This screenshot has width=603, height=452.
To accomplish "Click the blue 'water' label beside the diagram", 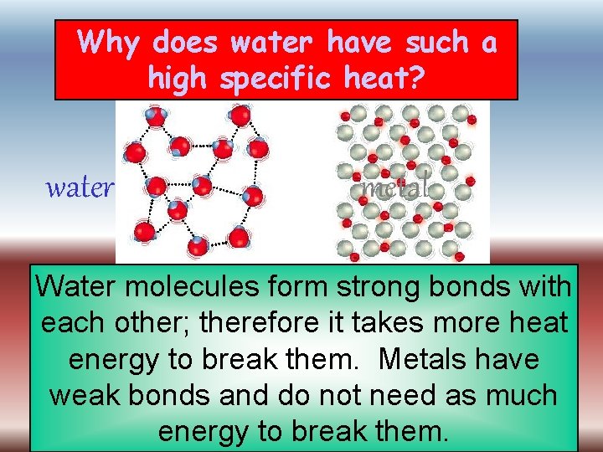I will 80,188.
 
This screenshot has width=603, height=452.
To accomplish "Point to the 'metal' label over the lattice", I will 395,187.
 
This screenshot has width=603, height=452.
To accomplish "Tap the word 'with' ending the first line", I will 544,286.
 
